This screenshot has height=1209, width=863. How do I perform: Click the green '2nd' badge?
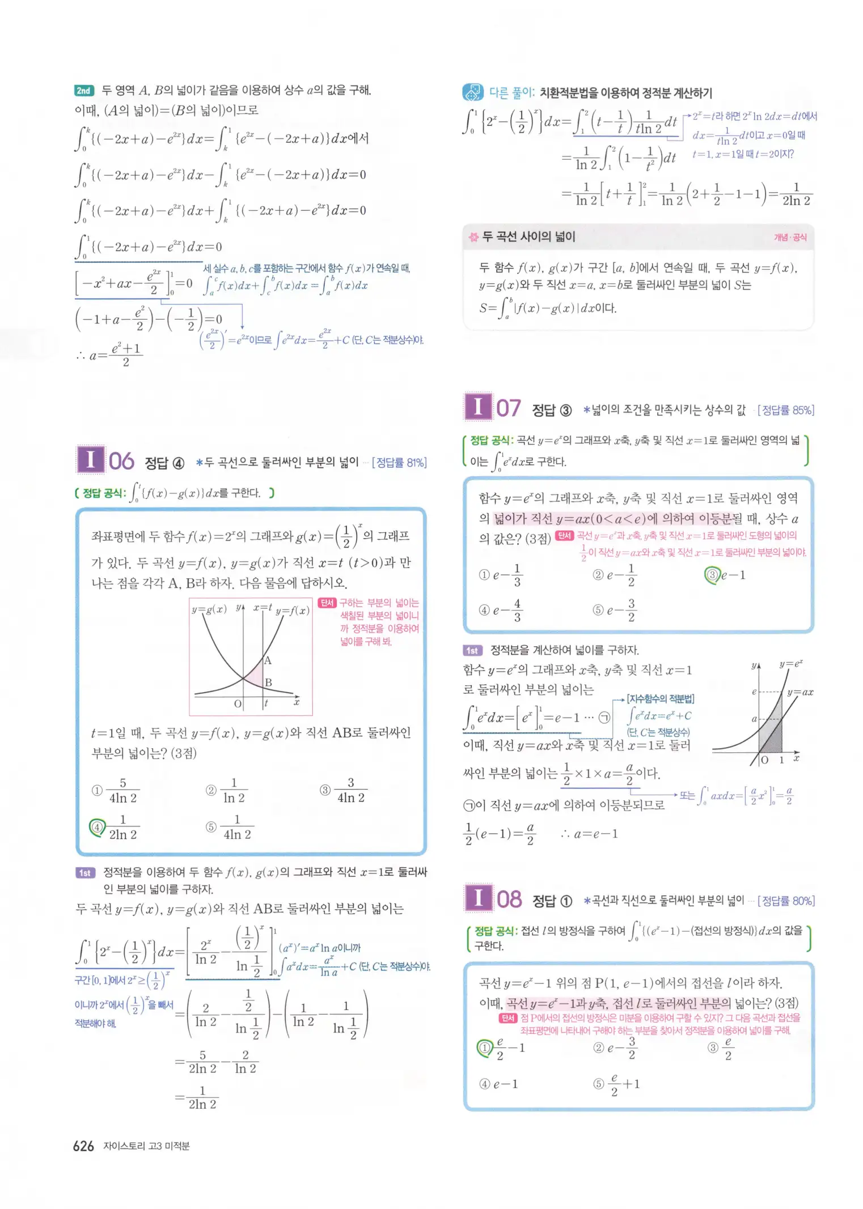(84, 91)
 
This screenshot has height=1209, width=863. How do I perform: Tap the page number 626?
(83, 1146)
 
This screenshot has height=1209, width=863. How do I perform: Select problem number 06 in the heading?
(121, 461)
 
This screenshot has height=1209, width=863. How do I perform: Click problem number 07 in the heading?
(508, 408)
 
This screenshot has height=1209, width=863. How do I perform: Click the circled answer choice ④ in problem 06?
(97, 827)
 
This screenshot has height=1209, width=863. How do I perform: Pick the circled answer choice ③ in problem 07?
(712, 575)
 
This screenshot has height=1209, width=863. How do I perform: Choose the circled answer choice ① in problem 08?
(484, 1048)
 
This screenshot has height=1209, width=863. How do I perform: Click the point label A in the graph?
(268, 660)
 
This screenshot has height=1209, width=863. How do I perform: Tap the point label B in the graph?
(269, 682)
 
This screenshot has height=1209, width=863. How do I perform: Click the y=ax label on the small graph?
(799, 692)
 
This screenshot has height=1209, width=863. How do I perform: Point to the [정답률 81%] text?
(399, 463)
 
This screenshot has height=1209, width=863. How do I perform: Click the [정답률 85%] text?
(785, 410)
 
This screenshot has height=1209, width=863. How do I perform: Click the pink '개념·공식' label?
(790, 237)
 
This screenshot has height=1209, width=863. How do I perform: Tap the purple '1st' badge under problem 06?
(84, 872)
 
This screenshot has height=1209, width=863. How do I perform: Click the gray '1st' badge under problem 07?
(472, 650)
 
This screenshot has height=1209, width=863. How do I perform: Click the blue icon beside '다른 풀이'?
(472, 92)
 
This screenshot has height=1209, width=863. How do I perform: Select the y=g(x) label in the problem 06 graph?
(209, 609)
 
